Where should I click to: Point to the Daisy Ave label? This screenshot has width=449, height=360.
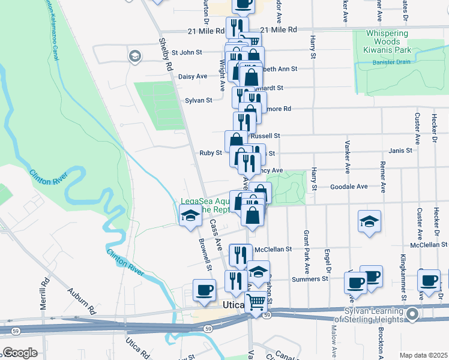point(193,76)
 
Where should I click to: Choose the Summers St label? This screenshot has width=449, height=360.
point(310,278)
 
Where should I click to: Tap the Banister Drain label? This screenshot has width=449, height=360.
point(388,61)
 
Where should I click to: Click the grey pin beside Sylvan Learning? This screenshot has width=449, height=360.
point(412,314)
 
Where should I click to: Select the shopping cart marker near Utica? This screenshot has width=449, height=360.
point(256,302)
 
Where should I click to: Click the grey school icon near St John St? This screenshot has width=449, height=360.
point(134,56)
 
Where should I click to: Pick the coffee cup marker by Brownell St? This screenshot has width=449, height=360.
point(204,289)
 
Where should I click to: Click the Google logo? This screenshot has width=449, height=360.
point(20,353)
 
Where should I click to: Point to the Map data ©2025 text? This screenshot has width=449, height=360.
point(423,355)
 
